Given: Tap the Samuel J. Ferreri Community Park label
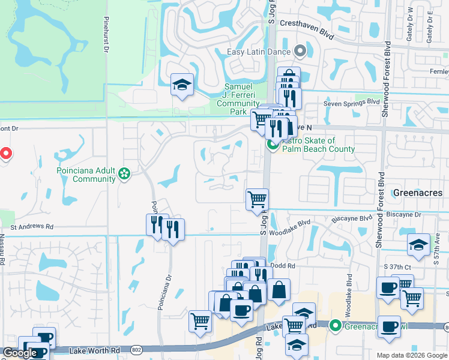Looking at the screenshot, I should click(238, 99).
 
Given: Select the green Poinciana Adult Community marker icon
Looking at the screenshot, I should click(124, 174).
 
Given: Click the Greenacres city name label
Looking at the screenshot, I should click(418, 193).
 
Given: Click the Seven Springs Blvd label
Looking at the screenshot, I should click(352, 103).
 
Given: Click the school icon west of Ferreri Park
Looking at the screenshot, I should click(181, 85).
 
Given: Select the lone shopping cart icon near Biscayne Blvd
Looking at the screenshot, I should click(257, 199).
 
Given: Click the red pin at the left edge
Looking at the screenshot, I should click(5, 154).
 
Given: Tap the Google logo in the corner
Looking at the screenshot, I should click(20, 353).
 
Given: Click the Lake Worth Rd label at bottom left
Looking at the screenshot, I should click(90, 350).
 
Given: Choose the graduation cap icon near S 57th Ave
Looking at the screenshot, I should click(418, 244).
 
